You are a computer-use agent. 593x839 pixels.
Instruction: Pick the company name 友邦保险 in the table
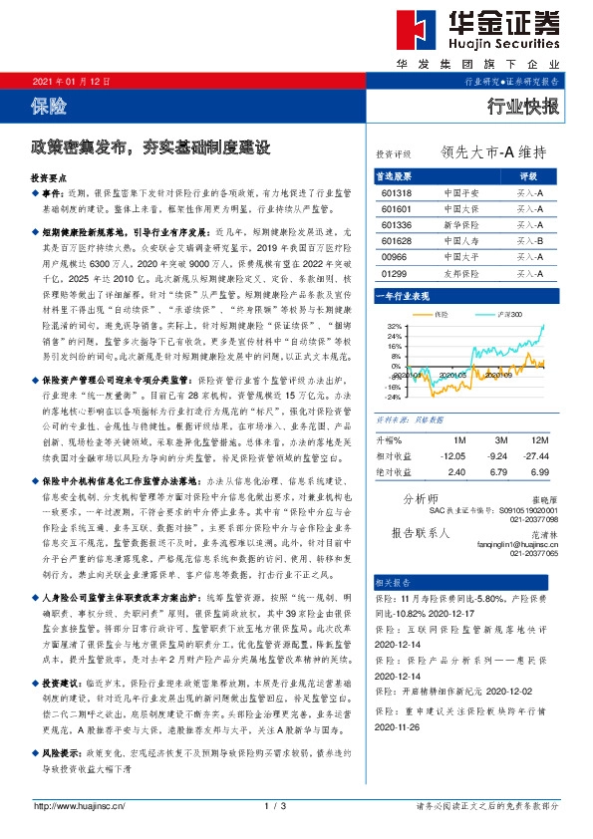[461, 272]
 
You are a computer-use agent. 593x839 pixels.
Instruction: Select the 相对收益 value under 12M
[540, 456]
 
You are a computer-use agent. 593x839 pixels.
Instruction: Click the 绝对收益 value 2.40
[457, 471]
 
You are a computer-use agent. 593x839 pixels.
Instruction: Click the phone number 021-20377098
[530, 518]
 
